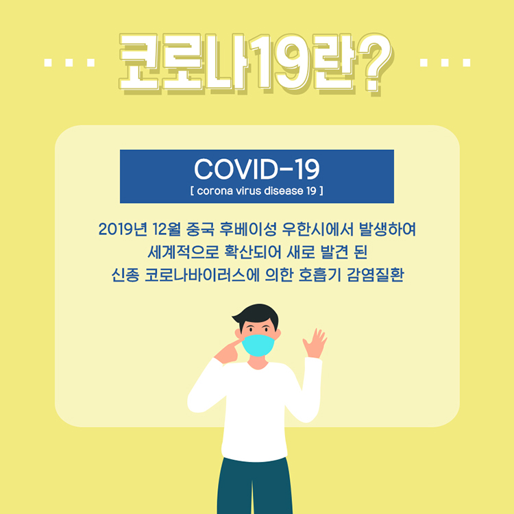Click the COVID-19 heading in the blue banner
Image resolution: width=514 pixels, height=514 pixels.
(257, 169)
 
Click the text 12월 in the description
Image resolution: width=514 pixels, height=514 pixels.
(167, 229)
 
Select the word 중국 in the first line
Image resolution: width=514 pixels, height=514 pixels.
(200, 229)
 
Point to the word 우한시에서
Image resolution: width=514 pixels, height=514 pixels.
(318, 229)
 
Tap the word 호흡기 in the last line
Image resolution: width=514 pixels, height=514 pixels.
(319, 276)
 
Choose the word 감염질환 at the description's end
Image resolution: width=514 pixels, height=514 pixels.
(375, 276)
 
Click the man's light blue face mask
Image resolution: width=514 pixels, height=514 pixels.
(258, 345)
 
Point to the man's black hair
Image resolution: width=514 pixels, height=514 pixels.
(258, 315)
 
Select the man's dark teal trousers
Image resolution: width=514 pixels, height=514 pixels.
(255, 486)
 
